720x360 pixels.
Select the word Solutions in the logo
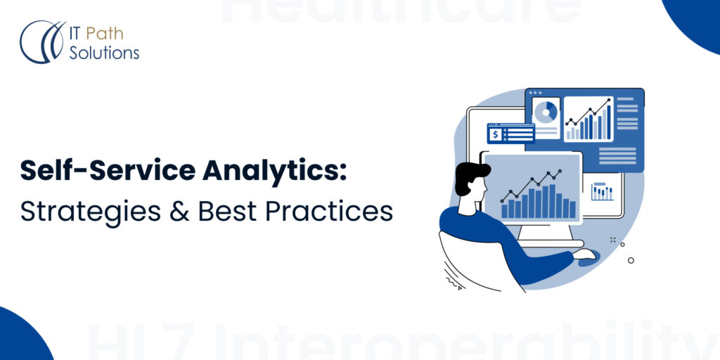(x=103, y=52)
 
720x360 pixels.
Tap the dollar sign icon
(x=496, y=134)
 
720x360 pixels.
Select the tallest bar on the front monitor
(x=544, y=201)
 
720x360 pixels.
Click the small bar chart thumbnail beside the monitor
(x=602, y=191)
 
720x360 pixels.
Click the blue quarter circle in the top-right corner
(x=696, y=21)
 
